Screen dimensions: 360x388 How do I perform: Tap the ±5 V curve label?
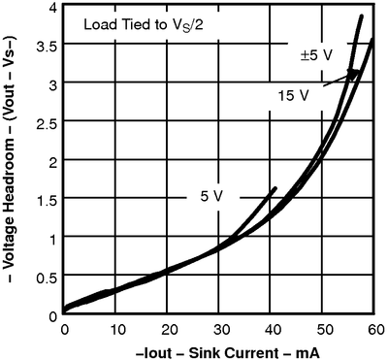(x=316, y=55)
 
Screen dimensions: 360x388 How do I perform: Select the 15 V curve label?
(x=295, y=96)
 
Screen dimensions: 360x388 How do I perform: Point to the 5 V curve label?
(x=212, y=196)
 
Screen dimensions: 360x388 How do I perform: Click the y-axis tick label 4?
(x=50, y=9)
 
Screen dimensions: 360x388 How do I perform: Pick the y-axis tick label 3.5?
(x=45, y=47)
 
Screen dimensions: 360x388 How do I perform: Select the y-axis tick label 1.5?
(x=45, y=200)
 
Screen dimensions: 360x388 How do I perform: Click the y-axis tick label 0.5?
(x=45, y=277)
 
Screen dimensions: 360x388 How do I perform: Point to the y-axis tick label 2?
(x=50, y=161)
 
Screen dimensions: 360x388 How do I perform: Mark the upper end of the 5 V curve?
(x=275, y=189)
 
